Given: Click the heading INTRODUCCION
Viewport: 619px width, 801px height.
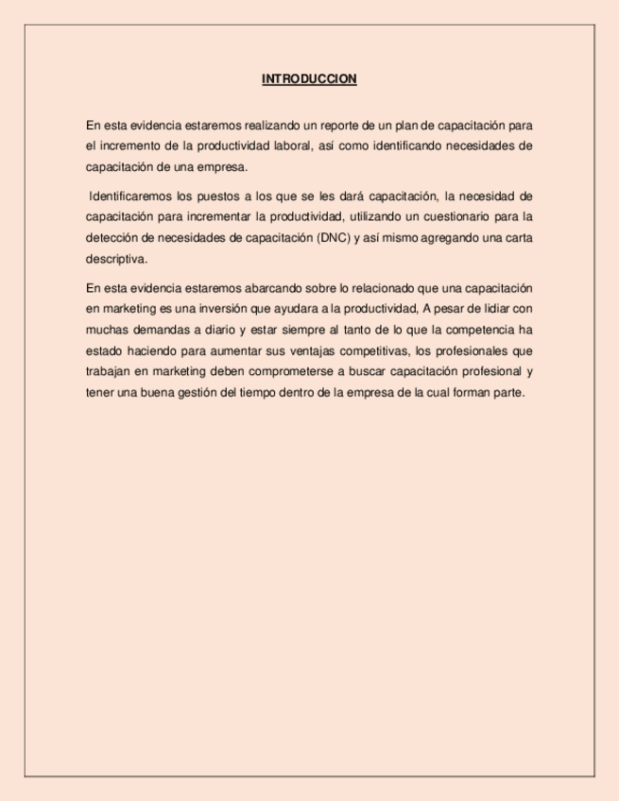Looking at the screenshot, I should pos(309,79).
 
